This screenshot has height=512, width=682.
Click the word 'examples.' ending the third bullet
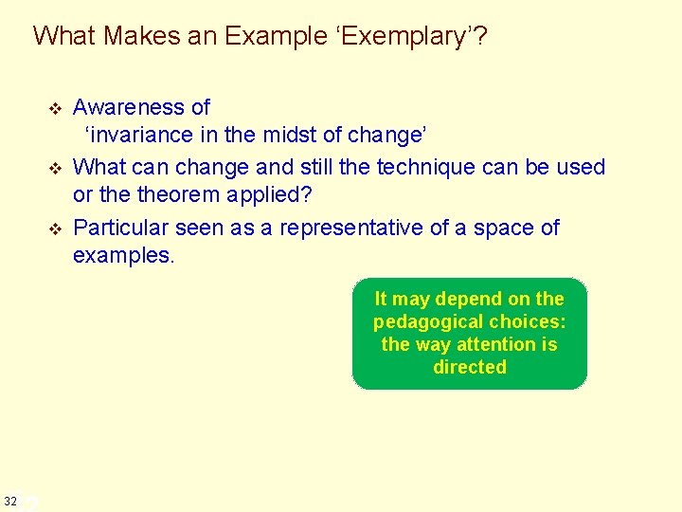coord(124,256)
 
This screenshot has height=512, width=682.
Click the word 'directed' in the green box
coord(470,367)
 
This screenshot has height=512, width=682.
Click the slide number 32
coord(9,500)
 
